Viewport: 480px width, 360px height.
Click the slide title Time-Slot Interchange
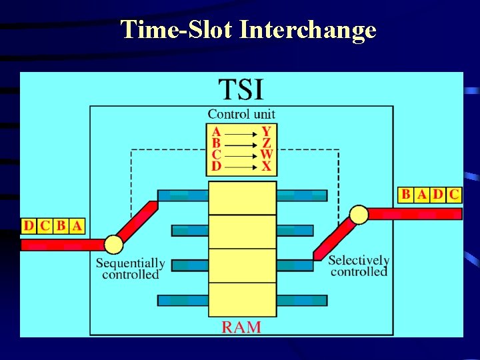click(x=249, y=29)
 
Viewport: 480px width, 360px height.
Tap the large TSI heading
click(x=241, y=89)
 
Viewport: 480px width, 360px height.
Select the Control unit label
click(x=241, y=114)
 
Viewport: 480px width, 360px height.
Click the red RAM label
click(x=241, y=327)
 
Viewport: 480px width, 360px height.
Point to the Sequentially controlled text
click(x=130, y=269)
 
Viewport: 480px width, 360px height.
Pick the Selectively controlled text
click(x=359, y=265)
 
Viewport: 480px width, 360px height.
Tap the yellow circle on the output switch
click(x=359, y=214)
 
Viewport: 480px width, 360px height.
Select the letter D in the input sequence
click(x=28, y=225)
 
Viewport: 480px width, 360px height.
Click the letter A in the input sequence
click(x=77, y=225)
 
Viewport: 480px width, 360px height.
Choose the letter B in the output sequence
click(x=406, y=195)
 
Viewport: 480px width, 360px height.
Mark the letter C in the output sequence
click(x=454, y=195)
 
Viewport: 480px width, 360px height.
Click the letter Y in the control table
click(x=266, y=132)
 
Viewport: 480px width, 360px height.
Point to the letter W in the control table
click(x=267, y=155)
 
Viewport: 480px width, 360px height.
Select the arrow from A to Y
click(x=241, y=133)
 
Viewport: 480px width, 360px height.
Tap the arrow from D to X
click(x=241, y=166)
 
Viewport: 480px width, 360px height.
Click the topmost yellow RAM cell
click(x=242, y=198)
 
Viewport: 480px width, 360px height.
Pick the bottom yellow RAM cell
click(x=242, y=299)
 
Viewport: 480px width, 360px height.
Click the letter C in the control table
click(x=216, y=155)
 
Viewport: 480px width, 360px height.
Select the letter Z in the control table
click(x=267, y=143)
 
